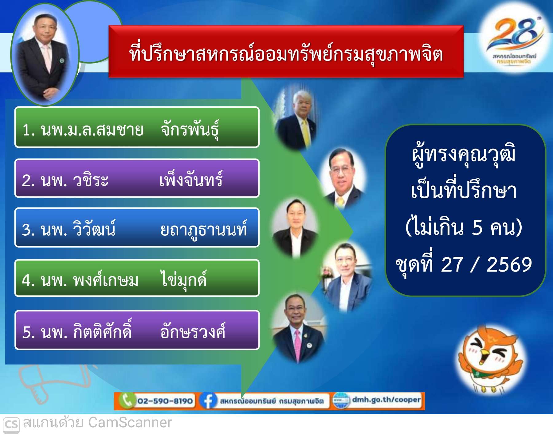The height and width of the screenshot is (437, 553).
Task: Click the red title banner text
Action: coord(286,54)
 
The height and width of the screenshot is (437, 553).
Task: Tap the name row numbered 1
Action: coord(137,127)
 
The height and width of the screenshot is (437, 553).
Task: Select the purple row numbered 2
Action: coord(137,178)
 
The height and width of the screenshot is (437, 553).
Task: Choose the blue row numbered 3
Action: coord(137,227)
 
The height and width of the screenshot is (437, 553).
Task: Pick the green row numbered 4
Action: coord(137,278)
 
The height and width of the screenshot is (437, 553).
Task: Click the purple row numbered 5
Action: coord(137,330)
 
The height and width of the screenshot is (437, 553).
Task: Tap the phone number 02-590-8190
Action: coord(165,401)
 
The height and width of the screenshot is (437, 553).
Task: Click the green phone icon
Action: coord(126,400)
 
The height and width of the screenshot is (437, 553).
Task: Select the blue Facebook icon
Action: coord(208,401)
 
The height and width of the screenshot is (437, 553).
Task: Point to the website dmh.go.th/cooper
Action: coord(386,400)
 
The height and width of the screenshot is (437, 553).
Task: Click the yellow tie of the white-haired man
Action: coord(306,133)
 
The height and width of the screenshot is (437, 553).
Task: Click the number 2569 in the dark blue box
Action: coord(509,265)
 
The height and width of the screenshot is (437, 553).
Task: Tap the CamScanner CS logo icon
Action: coord(11,424)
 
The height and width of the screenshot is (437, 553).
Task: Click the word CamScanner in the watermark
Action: coord(130,423)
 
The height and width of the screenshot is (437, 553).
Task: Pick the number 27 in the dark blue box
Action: coord(452,265)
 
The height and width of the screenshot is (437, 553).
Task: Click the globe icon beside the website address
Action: coord(341,401)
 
